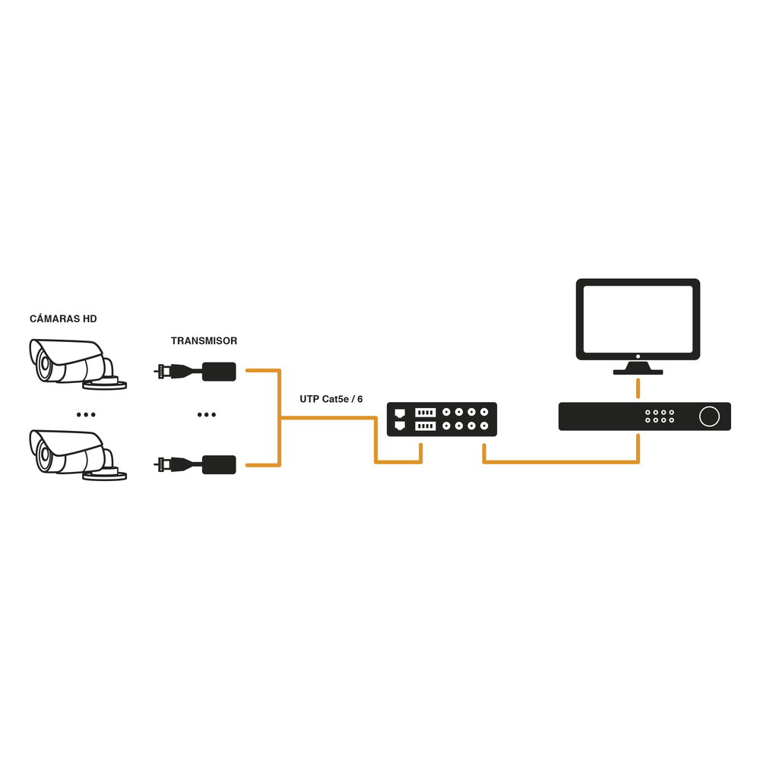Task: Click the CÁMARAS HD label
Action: point(63,318)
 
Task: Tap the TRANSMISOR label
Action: point(204,341)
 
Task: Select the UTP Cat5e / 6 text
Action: point(331,399)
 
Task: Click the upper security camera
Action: point(72,363)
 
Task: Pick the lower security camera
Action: point(72,454)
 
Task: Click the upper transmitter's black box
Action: point(220,372)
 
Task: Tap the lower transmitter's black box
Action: point(220,464)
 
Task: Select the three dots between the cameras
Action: point(86,414)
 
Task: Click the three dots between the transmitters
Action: point(206,414)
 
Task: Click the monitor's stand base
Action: point(638,372)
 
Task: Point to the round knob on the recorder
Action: point(708,416)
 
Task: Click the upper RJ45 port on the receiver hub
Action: point(400,413)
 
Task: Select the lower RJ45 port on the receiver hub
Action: point(400,426)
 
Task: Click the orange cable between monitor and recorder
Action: point(638,388)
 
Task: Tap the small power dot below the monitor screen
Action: point(638,356)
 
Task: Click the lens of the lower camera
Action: point(45,456)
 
